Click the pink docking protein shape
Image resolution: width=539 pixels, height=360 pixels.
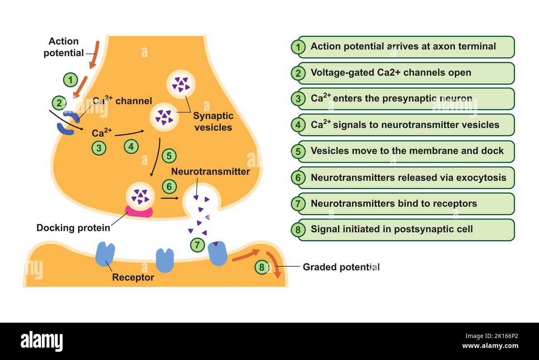click(139, 212)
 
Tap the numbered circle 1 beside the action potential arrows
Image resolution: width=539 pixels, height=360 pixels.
click(70, 80)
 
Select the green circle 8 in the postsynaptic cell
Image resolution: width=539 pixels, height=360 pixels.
click(262, 268)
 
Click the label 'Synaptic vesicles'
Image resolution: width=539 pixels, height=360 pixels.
click(213, 122)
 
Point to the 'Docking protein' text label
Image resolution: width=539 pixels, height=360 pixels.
click(73, 228)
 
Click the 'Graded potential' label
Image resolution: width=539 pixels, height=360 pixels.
click(341, 267)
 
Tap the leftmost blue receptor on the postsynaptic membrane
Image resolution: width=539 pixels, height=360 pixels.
click(105, 254)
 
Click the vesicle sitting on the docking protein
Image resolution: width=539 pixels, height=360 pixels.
click(140, 195)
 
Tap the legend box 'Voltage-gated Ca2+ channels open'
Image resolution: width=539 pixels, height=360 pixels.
click(405, 73)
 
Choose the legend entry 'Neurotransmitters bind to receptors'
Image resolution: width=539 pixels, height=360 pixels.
click(405, 204)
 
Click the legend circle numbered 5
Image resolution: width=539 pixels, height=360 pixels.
click(298, 151)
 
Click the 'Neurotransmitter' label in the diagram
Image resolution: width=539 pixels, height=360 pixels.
click(210, 172)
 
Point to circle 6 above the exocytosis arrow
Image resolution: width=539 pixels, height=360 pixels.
click(169, 187)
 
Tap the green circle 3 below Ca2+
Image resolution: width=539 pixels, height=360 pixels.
click(99, 148)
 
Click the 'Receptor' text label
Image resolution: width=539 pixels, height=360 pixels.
click(133, 277)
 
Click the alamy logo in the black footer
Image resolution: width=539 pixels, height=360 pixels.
click(42, 341)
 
